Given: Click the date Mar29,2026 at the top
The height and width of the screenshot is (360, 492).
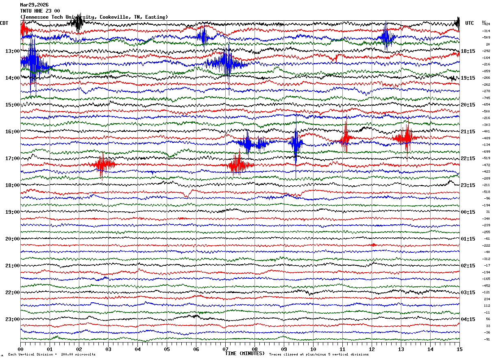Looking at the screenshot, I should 34,5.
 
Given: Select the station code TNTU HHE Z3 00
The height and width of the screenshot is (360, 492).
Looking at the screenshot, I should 40,11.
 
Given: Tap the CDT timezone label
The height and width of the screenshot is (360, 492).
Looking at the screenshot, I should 4,23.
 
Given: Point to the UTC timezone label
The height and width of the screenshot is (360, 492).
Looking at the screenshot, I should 470,23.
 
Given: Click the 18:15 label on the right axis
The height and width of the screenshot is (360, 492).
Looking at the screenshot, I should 468,51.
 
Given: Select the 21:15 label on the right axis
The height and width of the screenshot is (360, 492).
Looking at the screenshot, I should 468,132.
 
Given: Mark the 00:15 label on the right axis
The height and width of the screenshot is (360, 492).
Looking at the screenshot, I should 468,212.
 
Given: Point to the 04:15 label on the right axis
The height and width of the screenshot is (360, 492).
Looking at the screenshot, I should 468,319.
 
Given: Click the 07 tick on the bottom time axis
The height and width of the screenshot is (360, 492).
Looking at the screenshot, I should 226,349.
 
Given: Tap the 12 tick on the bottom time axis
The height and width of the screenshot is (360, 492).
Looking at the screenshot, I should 372,349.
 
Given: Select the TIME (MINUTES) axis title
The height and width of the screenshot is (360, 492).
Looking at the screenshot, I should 245,353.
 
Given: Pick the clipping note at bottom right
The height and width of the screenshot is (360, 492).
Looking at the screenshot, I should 319,355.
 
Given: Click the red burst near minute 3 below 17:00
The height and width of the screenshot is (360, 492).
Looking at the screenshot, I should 103,165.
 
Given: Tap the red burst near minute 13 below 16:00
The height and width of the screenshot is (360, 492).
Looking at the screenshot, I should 406,138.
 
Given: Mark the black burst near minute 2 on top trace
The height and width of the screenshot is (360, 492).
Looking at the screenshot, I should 78,24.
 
